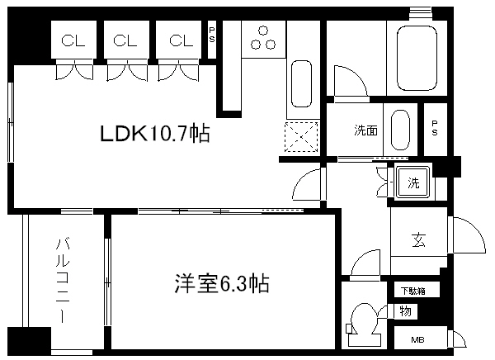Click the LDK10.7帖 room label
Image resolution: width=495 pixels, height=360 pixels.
[x=154, y=133]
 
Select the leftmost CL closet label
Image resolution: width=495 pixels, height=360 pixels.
[x=73, y=40]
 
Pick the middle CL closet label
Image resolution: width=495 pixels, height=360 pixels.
[x=125, y=40]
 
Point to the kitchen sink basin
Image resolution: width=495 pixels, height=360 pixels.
[x=301, y=86]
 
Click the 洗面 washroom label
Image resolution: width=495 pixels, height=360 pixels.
[x=366, y=130]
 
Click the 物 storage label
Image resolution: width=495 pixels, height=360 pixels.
[x=405, y=311]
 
